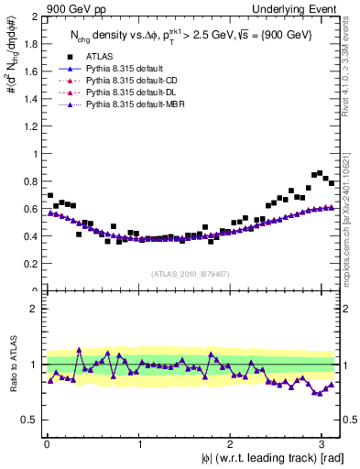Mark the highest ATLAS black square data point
[319, 172]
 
